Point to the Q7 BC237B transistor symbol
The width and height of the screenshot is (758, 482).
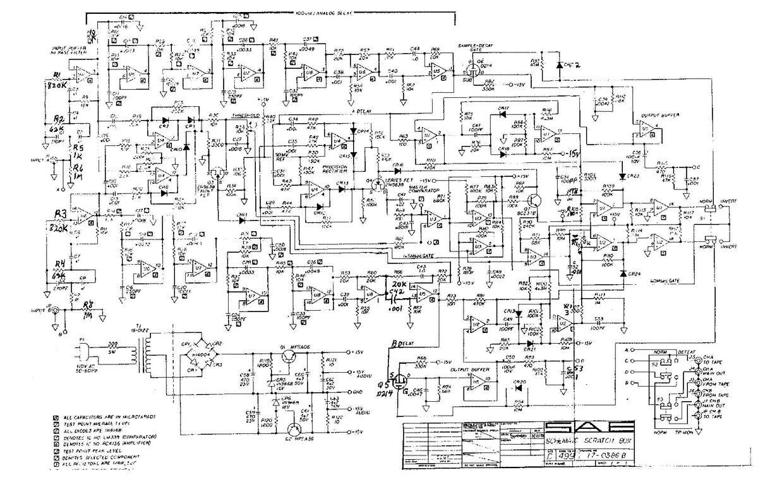(536, 201)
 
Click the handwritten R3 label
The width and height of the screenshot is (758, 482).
(61, 214)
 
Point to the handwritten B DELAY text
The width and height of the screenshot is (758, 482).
(402, 344)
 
